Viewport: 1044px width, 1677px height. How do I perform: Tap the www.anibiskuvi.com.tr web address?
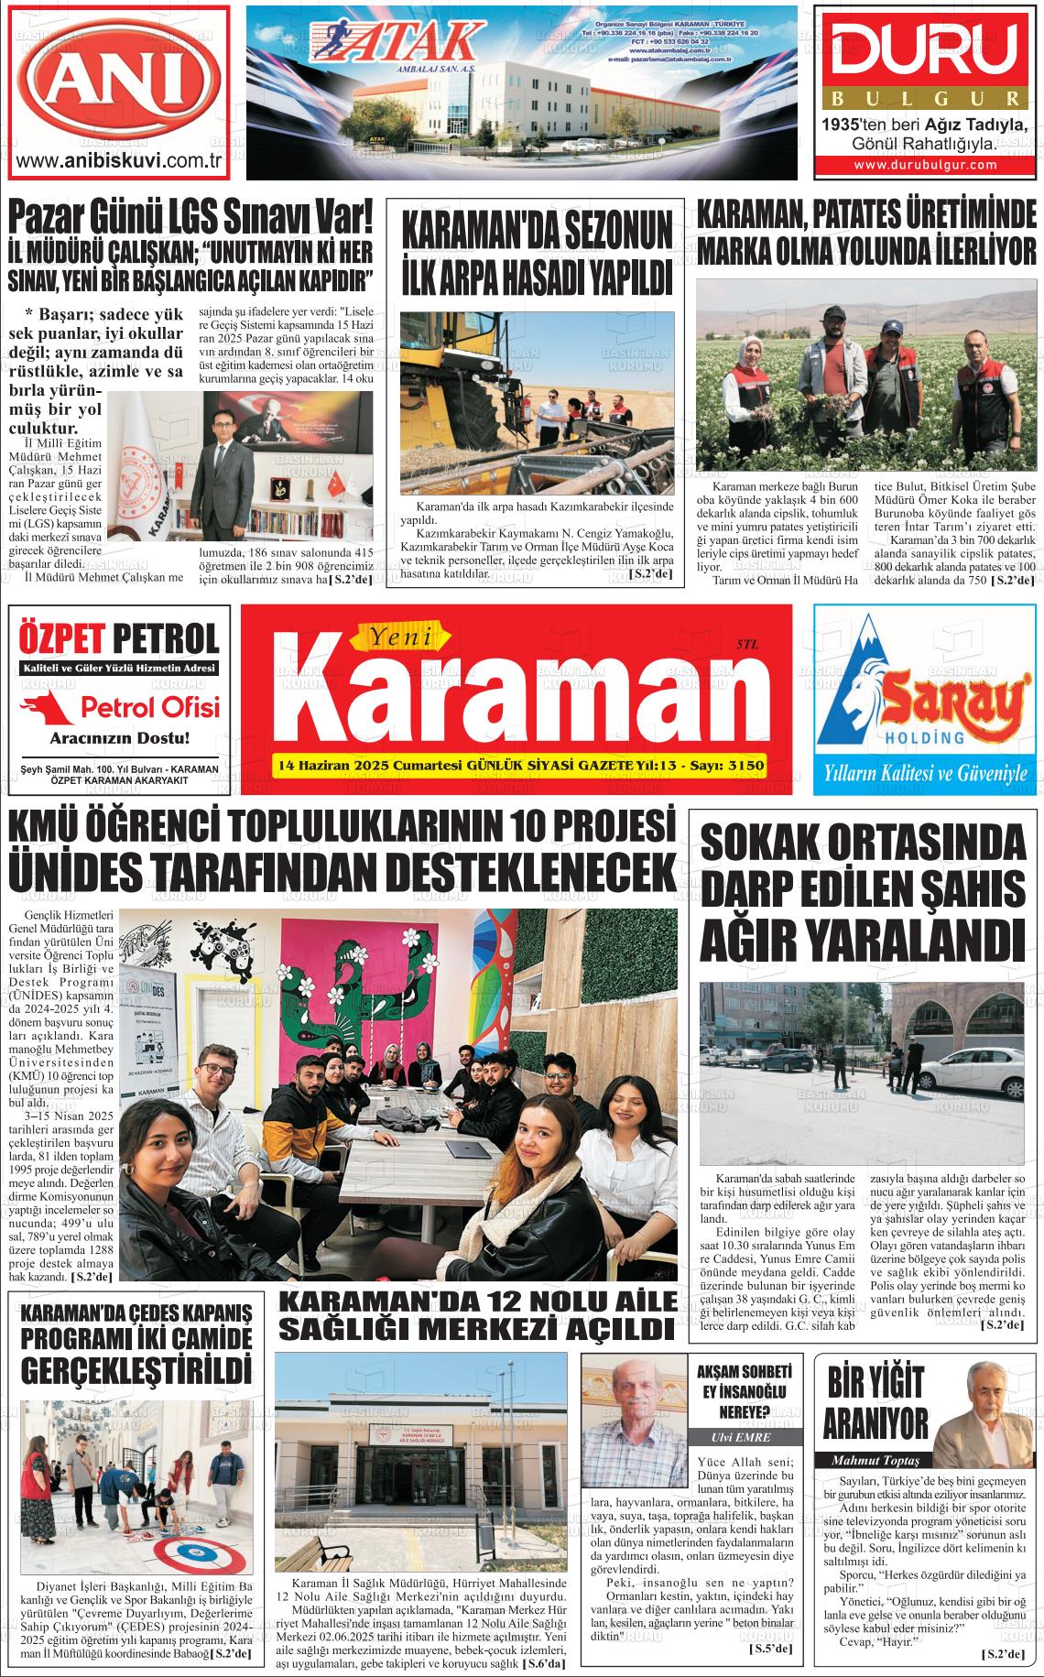click(121, 161)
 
